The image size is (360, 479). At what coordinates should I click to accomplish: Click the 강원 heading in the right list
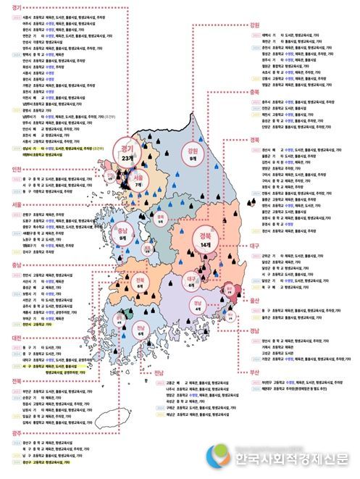pyautogui.click(x=254, y=25)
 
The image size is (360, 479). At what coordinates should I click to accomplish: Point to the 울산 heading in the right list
pyautogui.click(x=254, y=299)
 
